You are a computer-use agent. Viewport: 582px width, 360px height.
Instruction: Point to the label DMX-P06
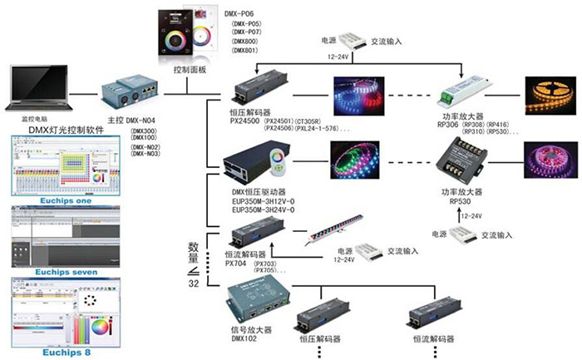[241, 12]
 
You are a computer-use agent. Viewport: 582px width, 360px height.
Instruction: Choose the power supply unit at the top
[367, 39]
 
